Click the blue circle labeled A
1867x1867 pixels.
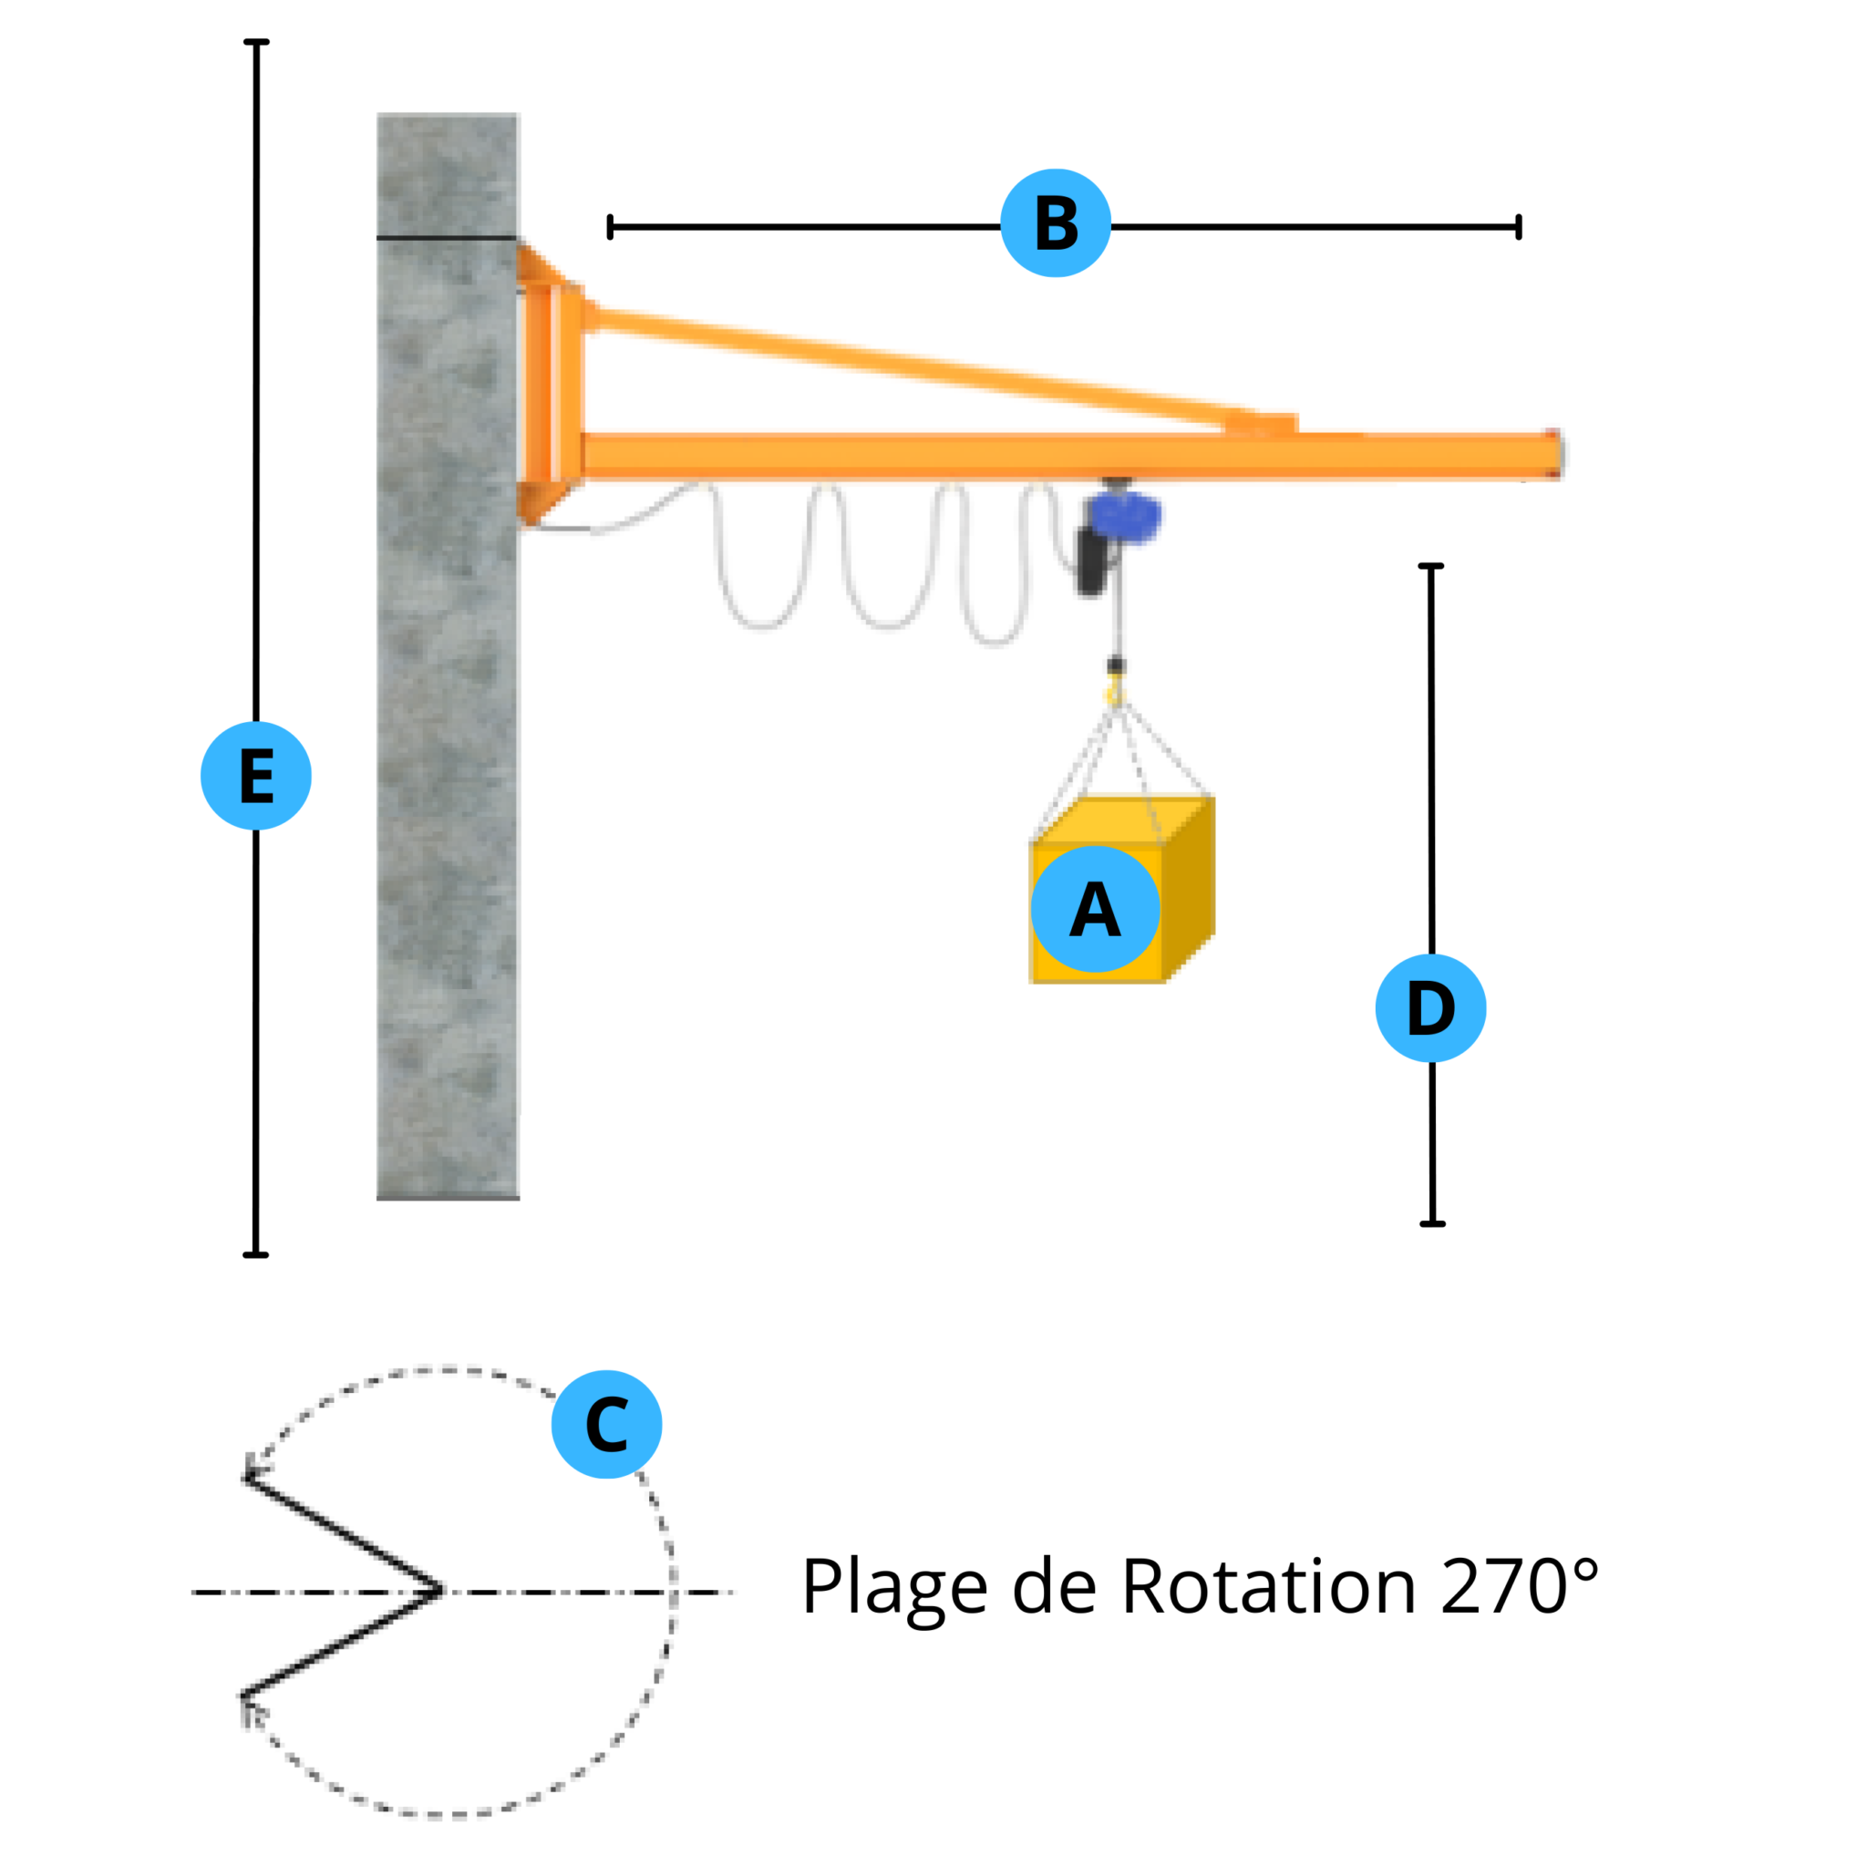coord(1095,908)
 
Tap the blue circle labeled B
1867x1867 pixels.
coord(1056,223)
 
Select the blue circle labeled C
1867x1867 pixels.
coord(607,1425)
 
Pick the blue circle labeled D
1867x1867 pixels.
coord(1430,1008)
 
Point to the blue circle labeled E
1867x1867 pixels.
coord(256,775)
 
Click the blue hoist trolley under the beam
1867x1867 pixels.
coord(1124,518)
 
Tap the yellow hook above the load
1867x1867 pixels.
coord(1116,692)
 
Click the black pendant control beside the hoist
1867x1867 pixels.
coord(1092,562)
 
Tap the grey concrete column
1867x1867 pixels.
coord(448,657)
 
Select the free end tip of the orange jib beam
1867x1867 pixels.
coord(1557,454)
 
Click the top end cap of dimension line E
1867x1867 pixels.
coord(256,42)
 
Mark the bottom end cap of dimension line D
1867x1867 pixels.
coord(1432,1223)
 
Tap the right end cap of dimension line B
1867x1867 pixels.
coord(1519,227)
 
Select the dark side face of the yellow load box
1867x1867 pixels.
coord(1189,887)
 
